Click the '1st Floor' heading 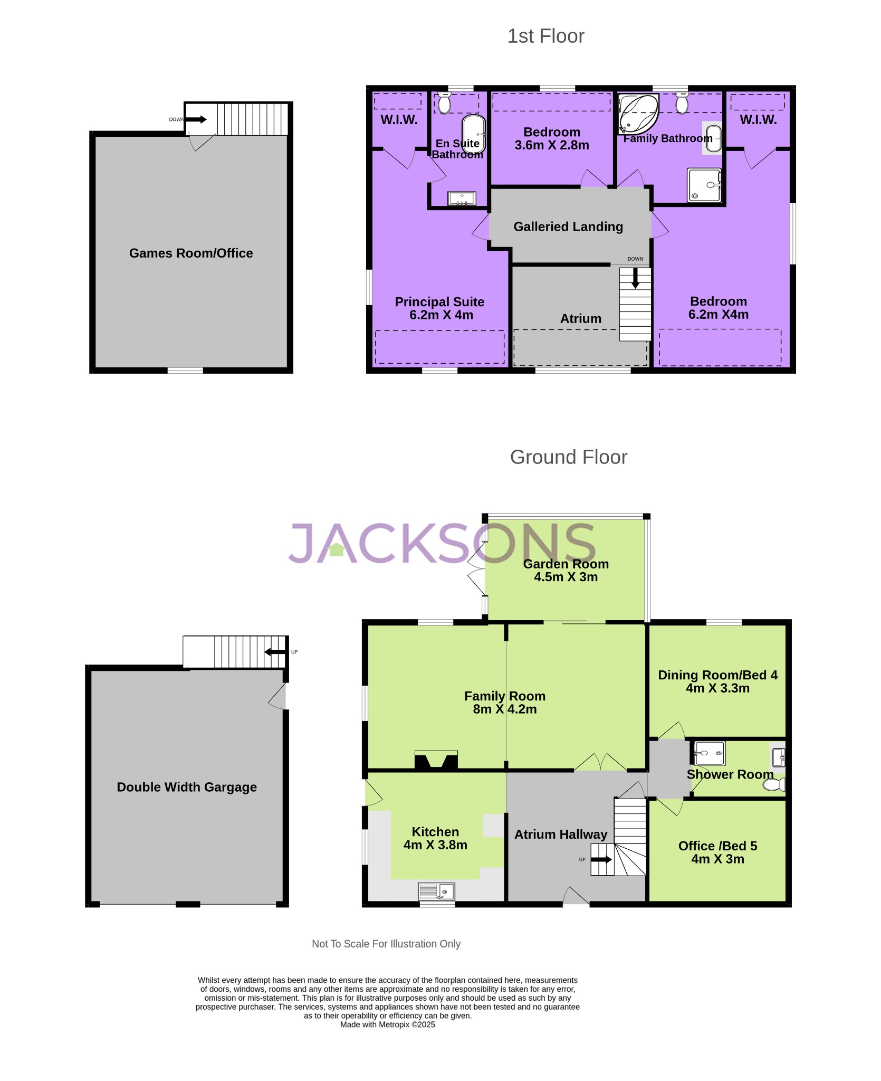tap(545, 36)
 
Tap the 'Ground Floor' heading tap(568, 457)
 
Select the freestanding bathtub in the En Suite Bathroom tap(473, 134)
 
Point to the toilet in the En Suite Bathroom tap(444, 103)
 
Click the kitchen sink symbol tap(436, 892)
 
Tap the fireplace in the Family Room tap(436, 761)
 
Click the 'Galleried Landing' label tap(568, 227)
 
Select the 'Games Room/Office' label tap(191, 253)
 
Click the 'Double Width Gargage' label tap(187, 787)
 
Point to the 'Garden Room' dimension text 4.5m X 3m tap(566, 577)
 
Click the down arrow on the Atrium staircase tap(635, 278)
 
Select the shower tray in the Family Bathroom tap(704, 185)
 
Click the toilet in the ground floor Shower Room tap(774, 785)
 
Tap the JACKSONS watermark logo tap(442, 543)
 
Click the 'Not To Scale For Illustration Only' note tap(386, 944)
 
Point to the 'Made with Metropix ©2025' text tap(387, 1025)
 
